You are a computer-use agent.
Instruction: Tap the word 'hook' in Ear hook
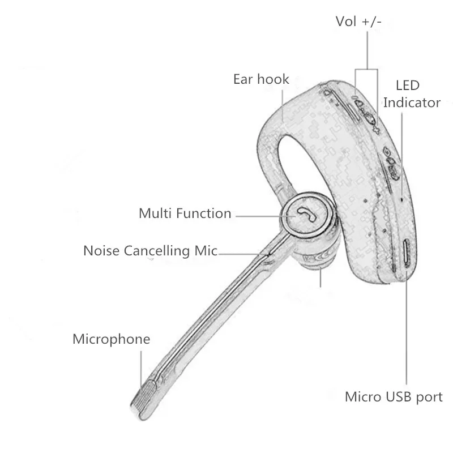273,79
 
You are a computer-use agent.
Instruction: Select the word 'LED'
407,86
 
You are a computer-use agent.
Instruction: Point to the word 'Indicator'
412,102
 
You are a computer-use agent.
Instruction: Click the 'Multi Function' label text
185,213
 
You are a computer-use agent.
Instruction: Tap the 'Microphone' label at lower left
112,339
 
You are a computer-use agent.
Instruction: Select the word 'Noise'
102,250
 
